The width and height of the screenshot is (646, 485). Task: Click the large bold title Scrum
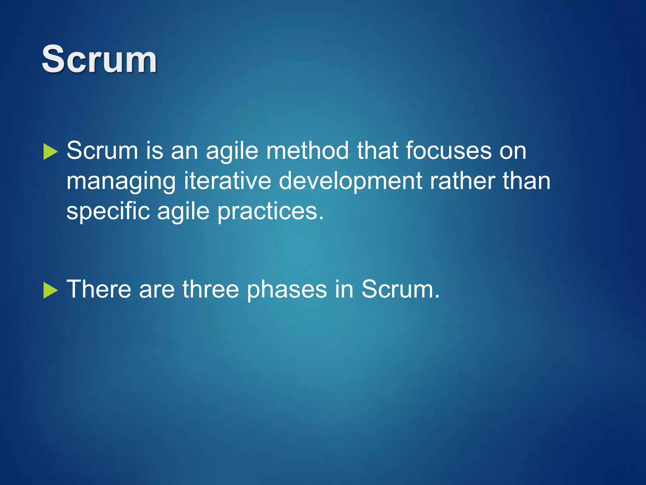point(99,59)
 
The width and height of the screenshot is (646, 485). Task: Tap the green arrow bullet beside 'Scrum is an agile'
point(50,152)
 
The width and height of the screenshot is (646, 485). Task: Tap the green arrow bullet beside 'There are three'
point(50,290)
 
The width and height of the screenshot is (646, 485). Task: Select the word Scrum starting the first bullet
point(102,151)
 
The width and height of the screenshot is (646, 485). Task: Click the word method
point(307,151)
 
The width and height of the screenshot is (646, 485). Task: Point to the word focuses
point(448,151)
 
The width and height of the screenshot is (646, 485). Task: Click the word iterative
point(227,181)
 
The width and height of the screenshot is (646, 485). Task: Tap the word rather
point(462,181)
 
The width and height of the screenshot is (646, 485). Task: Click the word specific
point(108,212)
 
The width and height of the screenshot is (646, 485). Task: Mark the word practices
point(270,212)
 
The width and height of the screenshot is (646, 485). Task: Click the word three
point(210,289)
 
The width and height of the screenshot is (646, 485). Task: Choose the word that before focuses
point(377,151)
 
